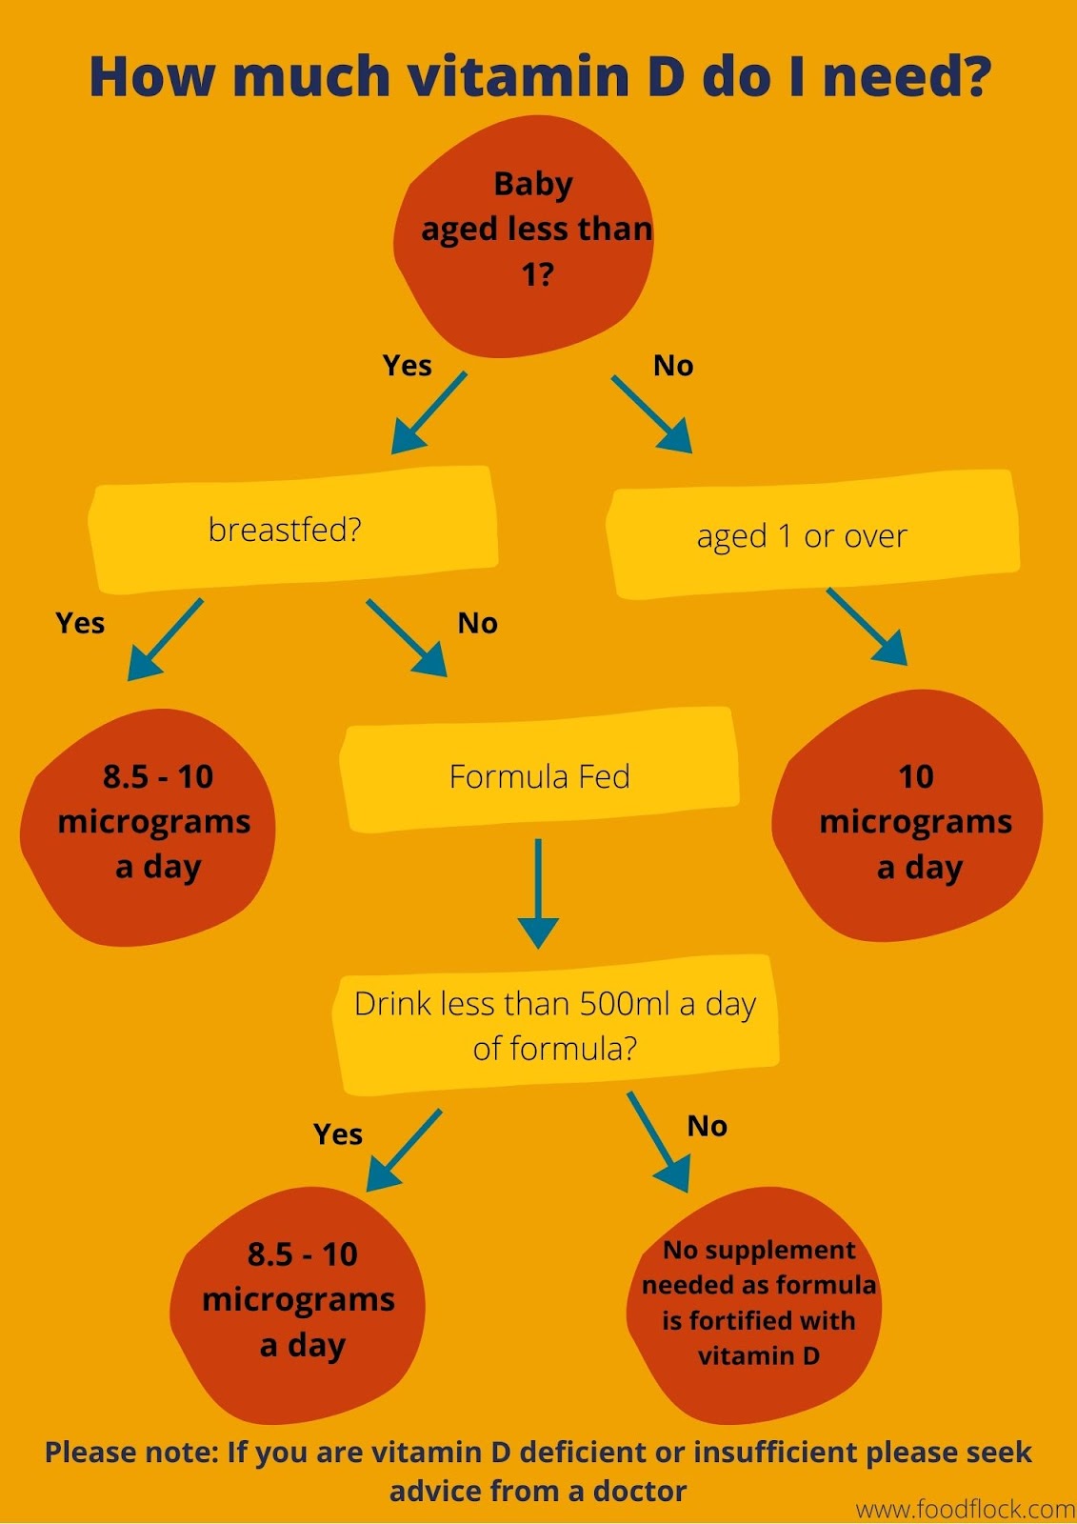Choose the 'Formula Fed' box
click(540, 776)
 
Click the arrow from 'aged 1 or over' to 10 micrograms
click(867, 626)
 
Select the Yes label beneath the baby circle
click(407, 366)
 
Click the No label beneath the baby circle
click(673, 366)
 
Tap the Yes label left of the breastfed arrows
click(80, 623)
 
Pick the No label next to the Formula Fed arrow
click(477, 623)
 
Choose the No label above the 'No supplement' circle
click(708, 1126)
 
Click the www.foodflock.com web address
click(965, 1509)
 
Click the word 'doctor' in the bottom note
click(639, 1491)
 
